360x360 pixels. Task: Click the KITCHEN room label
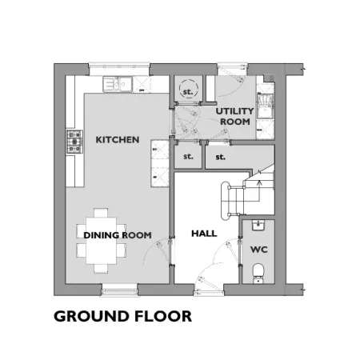pos(118,139)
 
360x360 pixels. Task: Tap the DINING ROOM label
pos(118,235)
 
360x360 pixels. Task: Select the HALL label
pos(204,234)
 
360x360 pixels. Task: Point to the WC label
pos(259,250)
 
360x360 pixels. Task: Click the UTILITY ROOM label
pos(234,116)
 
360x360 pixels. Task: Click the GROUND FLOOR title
pos(122,316)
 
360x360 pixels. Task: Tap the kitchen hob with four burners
pos(74,142)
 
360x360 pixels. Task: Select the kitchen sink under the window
pos(118,84)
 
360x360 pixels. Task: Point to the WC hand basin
pos(258,225)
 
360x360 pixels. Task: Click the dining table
pos(101,241)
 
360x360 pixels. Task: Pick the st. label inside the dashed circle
pos(188,92)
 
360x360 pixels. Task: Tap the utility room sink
pos(265,106)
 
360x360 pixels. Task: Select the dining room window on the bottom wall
pos(120,290)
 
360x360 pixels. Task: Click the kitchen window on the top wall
pos(119,69)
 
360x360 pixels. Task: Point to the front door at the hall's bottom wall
pos(209,290)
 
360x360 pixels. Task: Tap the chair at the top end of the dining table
pos(101,213)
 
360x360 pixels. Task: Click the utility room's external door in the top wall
pos(232,69)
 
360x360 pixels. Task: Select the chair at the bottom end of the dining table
pos(101,269)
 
